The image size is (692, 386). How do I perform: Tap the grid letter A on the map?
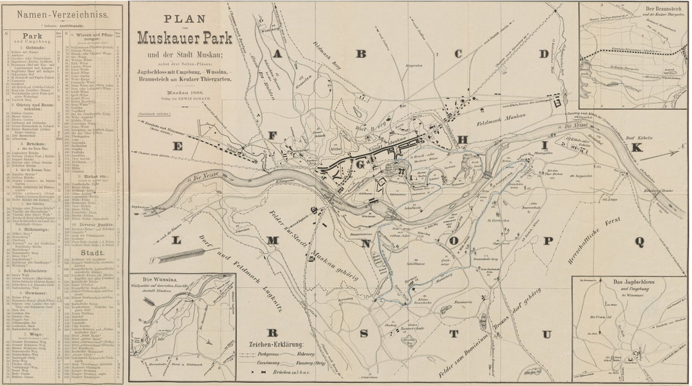click(x=277, y=54)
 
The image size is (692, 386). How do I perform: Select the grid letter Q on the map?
click(x=639, y=241)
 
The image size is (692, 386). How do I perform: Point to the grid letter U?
click(x=547, y=334)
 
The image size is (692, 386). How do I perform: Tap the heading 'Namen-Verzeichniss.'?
click(x=62, y=13)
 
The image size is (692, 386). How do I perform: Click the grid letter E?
click(x=177, y=147)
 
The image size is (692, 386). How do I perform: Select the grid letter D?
click(x=544, y=54)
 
